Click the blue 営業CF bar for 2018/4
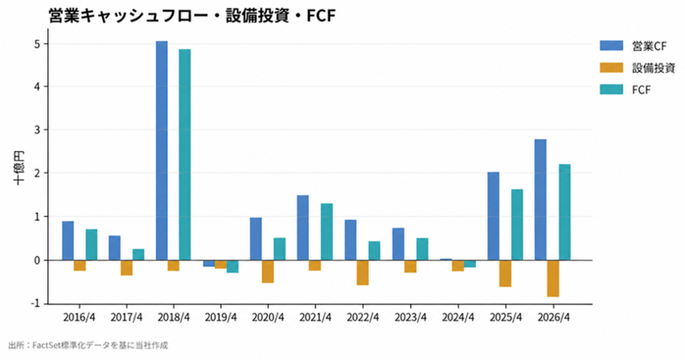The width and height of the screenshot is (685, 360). pos(162,151)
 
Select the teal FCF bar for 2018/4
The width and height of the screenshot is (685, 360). pos(185,154)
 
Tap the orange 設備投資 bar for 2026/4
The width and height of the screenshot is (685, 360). pos(553,279)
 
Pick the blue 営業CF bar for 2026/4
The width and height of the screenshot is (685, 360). pos(540,199)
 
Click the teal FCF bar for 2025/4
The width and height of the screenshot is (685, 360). pos(517,224)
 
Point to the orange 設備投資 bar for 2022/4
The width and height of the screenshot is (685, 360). pos(363,272)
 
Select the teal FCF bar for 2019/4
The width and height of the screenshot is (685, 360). pos(232,267)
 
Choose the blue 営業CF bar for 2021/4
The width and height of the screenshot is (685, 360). pos(303,227)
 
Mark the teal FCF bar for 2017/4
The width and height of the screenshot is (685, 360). pos(138,255)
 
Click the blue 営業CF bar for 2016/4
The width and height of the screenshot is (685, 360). pos(68,241)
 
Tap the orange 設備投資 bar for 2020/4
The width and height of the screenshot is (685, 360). pos(268,272)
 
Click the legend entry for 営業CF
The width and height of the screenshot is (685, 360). pos(633,46)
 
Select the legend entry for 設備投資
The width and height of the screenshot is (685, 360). pos(638,67)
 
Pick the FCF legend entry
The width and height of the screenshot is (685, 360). pos(626,89)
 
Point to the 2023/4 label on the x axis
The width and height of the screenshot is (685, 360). pos(410,317)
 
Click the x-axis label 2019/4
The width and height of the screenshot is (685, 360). pos(220,317)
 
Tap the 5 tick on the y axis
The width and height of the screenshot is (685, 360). pos(38,44)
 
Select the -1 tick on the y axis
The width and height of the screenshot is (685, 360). pos(36,303)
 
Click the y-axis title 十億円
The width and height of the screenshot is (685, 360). pos(18,168)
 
